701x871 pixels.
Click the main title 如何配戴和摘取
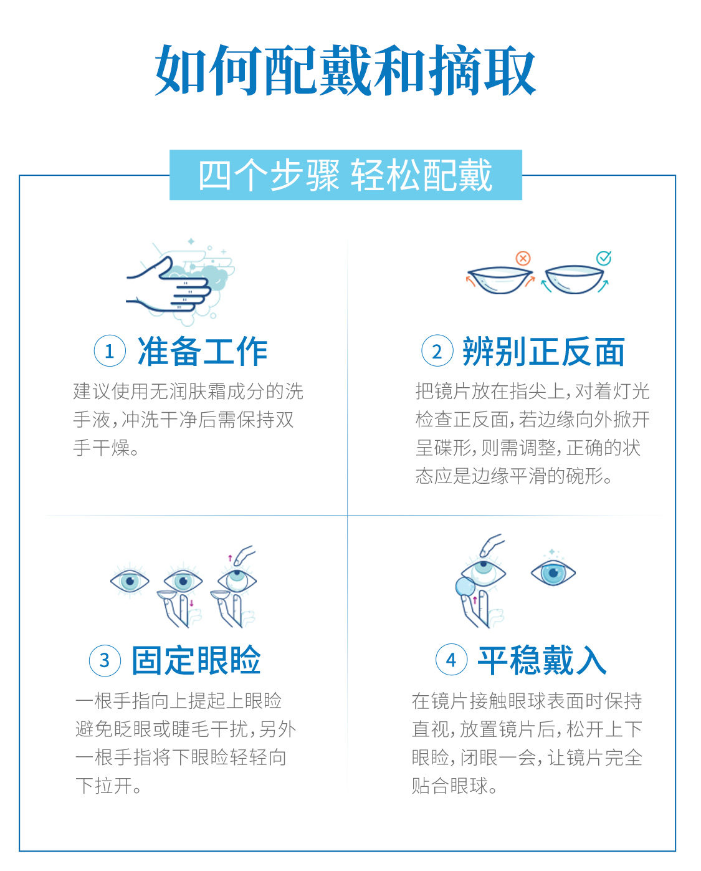345,70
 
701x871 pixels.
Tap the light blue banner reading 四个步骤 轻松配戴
345,175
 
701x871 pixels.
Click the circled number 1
110,350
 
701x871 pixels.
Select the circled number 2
437,350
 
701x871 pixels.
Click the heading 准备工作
203,351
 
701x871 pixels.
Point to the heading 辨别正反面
543,351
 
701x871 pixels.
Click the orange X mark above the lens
523,258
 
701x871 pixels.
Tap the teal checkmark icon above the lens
604,258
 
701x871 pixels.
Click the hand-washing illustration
180,282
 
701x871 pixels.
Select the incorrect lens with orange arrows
500,279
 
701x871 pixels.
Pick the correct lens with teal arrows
575,279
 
